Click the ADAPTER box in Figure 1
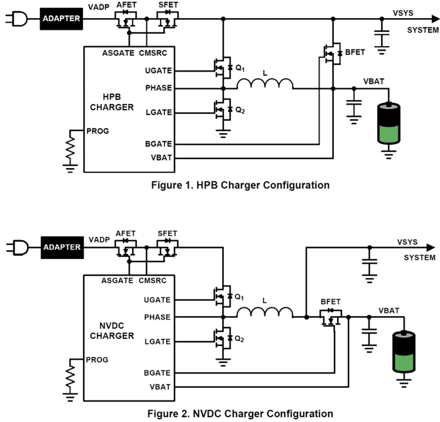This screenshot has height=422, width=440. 61,19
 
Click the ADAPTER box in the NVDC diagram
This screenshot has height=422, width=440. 62,247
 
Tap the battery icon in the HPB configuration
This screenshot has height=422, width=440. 389,123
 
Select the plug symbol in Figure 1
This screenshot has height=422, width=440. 18,19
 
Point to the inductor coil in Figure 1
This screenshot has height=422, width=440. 265,84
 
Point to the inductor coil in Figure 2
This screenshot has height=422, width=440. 265,313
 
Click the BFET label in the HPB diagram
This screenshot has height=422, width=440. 355,52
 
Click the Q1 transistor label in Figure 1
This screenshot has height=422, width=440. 240,68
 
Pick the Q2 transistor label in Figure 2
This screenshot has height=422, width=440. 239,339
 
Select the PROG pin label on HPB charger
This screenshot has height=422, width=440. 98,131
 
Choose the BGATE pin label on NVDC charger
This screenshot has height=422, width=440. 157,373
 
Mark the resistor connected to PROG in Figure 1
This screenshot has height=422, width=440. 70,148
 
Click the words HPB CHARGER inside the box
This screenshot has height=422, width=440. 112,102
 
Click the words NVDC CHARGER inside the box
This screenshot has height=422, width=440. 112,331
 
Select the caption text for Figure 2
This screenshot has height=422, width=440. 240,414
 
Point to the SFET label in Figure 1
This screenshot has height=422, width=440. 168,5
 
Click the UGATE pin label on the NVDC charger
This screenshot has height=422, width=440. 157,300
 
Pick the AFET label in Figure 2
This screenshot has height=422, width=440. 125,234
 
